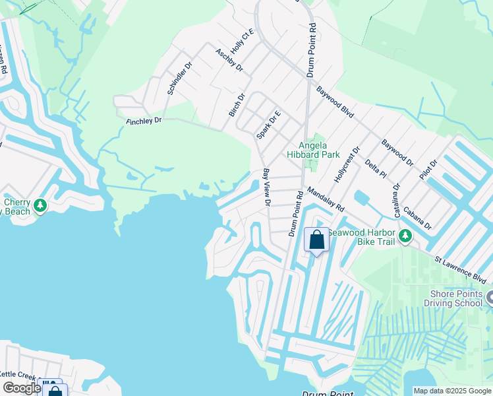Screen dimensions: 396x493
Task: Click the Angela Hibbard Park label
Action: (313, 150)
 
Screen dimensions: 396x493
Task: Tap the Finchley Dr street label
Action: (144, 121)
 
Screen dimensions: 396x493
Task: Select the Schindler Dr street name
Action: (179, 79)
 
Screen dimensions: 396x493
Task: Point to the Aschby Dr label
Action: (229, 59)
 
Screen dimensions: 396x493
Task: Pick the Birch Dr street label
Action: (237, 105)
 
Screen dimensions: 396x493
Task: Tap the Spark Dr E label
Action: (268, 124)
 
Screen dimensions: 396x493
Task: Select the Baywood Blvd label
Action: (335, 102)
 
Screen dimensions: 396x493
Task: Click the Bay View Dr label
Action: (266, 187)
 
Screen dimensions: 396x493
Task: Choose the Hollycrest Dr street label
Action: (348, 164)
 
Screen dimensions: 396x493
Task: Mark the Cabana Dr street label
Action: (418, 216)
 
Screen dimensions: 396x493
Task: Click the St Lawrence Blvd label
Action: (459, 265)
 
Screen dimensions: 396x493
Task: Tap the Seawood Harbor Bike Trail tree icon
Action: (405, 236)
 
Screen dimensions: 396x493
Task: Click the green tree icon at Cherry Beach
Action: (40, 206)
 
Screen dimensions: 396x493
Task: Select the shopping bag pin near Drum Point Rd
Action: (317, 240)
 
